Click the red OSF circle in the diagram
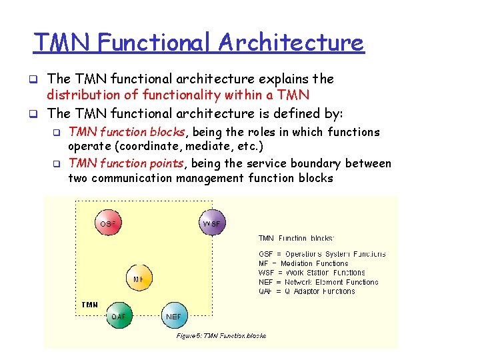pos(107,224)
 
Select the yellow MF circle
pos(139,279)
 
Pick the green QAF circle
pos(120,316)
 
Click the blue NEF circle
pos(173,316)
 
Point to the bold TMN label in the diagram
pos(89,305)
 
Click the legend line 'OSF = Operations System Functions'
pos(321,254)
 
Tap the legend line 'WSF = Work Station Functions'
pos(311,273)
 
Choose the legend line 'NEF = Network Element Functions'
pos(318,282)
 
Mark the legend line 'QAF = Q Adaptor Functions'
pos(307,291)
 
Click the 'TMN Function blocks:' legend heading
pos(296,238)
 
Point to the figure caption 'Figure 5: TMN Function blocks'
pos(221,335)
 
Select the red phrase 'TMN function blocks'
pos(127,132)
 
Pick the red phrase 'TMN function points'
pos(127,163)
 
